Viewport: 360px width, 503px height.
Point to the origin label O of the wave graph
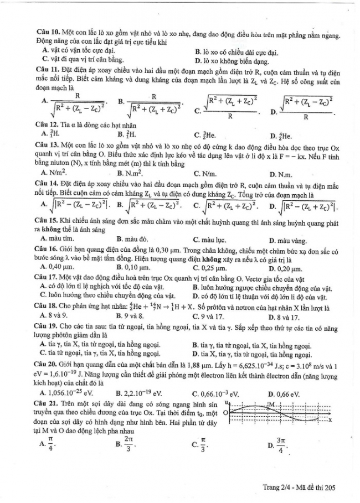click(x=226, y=413)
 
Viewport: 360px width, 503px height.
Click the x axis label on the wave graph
click(x=330, y=421)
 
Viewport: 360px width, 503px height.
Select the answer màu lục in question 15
click(x=210, y=240)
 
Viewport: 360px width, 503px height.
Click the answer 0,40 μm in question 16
click(x=59, y=266)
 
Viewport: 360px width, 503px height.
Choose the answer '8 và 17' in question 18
click(x=286, y=317)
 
